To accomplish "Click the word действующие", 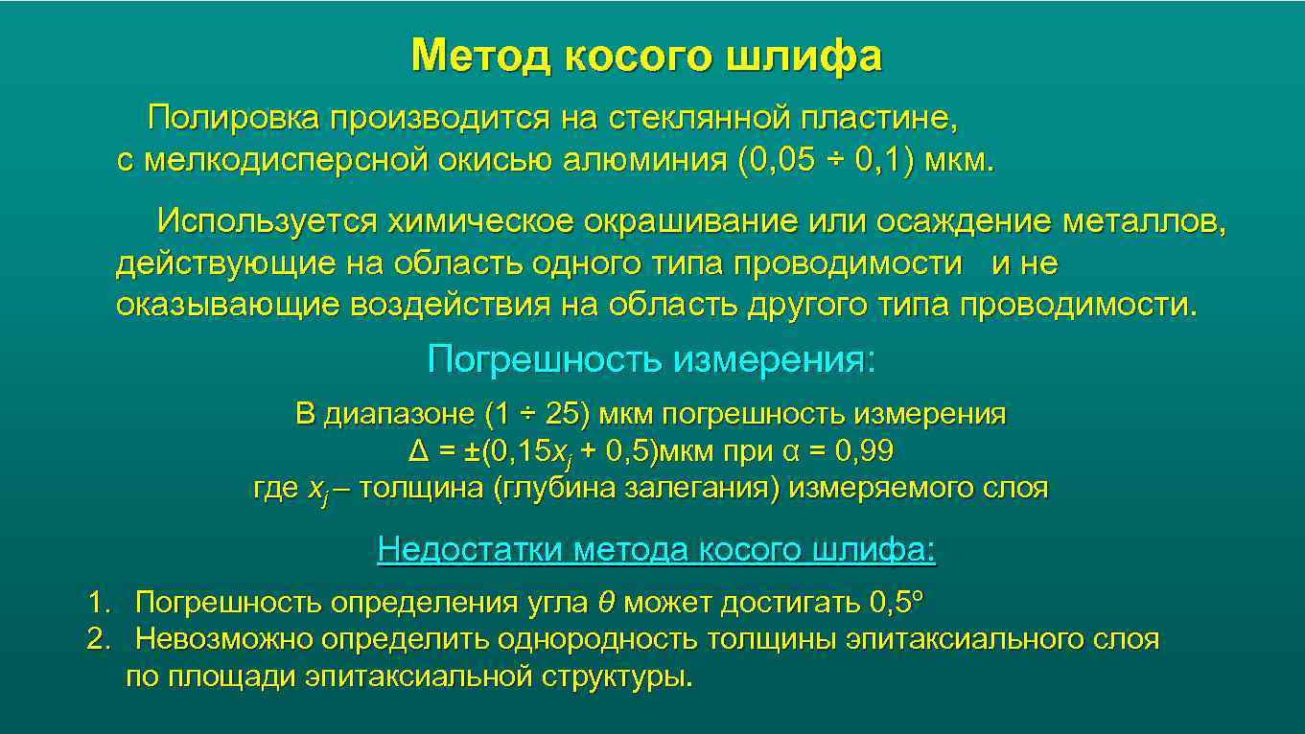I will [226, 264].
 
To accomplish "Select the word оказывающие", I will [227, 305].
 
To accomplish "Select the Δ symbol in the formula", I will [417, 451].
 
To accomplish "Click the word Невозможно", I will [224, 639].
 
